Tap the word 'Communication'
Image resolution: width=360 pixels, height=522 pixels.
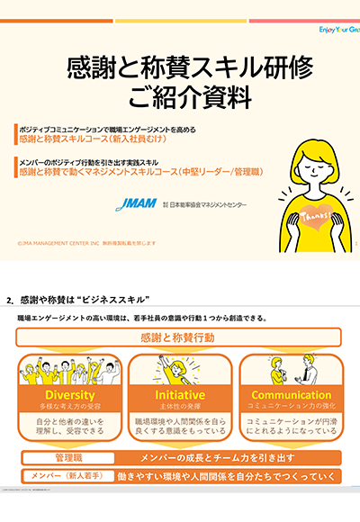291,396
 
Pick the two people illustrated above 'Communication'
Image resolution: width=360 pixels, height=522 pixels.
291,370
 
